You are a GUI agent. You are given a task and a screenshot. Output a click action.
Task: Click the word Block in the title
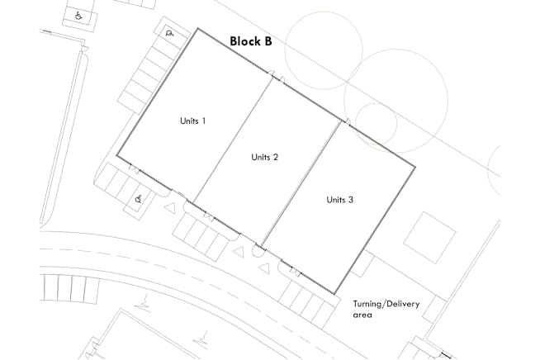click(244, 41)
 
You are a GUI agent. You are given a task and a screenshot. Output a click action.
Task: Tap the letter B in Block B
click(268, 41)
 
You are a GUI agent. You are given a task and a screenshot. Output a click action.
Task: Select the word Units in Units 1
click(189, 121)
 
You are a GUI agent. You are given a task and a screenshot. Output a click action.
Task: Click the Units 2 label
click(264, 157)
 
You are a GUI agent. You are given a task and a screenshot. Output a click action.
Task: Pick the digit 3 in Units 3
click(351, 200)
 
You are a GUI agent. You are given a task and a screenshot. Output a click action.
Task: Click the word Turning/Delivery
click(386, 304)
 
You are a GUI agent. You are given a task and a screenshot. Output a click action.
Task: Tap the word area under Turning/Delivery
click(362, 315)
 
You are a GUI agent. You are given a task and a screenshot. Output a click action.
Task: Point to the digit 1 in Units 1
click(204, 121)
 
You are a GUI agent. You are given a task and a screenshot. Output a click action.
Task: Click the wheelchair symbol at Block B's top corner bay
click(169, 33)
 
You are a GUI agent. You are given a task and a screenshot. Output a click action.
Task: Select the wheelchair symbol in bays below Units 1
click(139, 199)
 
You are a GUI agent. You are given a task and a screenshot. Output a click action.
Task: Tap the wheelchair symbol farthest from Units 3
click(78, 16)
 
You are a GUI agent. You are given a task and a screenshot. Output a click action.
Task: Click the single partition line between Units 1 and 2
click(234, 140)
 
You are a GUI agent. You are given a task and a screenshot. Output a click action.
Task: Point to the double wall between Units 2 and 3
click(301, 183)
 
